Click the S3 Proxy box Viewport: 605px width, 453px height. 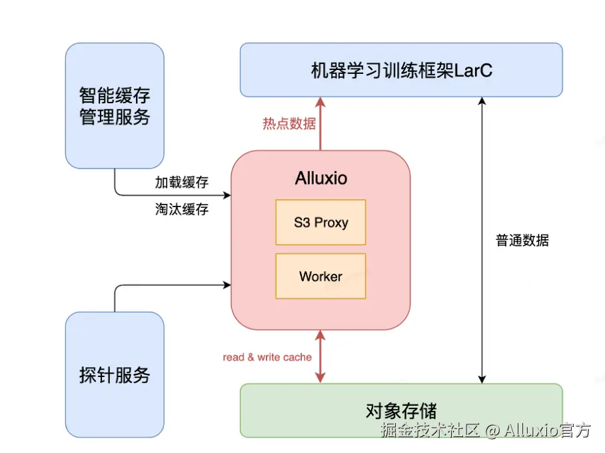click(x=320, y=223)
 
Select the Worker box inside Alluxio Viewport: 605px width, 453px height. click(x=320, y=276)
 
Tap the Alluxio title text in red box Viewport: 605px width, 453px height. click(x=320, y=179)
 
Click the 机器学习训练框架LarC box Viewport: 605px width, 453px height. click(x=401, y=70)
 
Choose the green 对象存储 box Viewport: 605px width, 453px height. click(x=401, y=410)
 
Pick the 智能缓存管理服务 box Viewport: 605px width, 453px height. click(x=115, y=105)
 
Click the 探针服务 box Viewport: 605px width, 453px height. click(x=115, y=374)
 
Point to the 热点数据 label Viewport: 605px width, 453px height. click(x=289, y=124)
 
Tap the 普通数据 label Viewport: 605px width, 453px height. click(x=522, y=240)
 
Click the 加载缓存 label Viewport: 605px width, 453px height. click(x=182, y=183)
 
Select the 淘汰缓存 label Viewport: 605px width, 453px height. click(x=182, y=209)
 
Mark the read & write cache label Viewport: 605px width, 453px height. click(x=267, y=357)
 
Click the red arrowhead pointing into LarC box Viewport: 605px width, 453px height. click(x=320, y=102)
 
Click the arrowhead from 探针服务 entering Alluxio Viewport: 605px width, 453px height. click(x=226, y=285)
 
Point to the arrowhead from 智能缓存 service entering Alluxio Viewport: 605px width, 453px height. click(x=226, y=196)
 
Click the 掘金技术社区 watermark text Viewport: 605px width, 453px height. click(x=430, y=430)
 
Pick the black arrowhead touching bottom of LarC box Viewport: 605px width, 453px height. click(x=482, y=102)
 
